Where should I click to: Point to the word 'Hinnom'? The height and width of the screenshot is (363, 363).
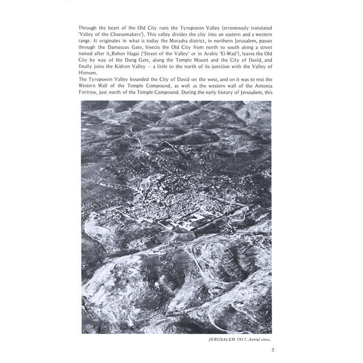(87, 73)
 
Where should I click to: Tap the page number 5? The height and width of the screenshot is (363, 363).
(273, 350)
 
